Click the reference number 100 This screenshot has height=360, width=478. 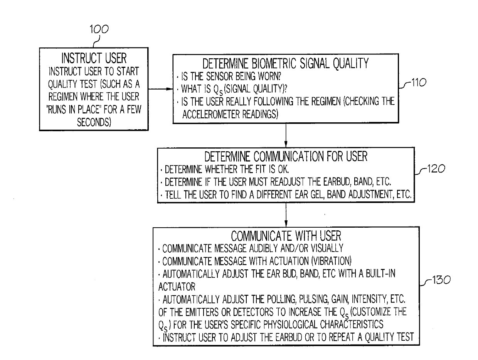[x=99, y=29]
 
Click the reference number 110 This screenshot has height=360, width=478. [x=419, y=82]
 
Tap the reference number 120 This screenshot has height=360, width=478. [x=436, y=169]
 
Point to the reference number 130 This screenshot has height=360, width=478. [x=441, y=280]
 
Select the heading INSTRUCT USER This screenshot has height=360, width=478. [x=94, y=58]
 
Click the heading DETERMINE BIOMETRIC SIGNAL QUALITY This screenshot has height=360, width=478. [x=286, y=63]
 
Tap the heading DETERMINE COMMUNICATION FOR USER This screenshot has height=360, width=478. [x=286, y=157]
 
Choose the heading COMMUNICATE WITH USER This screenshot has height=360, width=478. [x=286, y=236]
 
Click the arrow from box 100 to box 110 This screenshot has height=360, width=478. [x=160, y=89]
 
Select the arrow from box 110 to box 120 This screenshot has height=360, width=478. [x=286, y=135]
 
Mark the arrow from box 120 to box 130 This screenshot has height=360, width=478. [x=286, y=215]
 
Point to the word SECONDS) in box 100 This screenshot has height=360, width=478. [x=94, y=122]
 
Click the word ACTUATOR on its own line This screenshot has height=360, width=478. [x=177, y=287]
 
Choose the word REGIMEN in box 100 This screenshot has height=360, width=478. [x=63, y=96]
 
